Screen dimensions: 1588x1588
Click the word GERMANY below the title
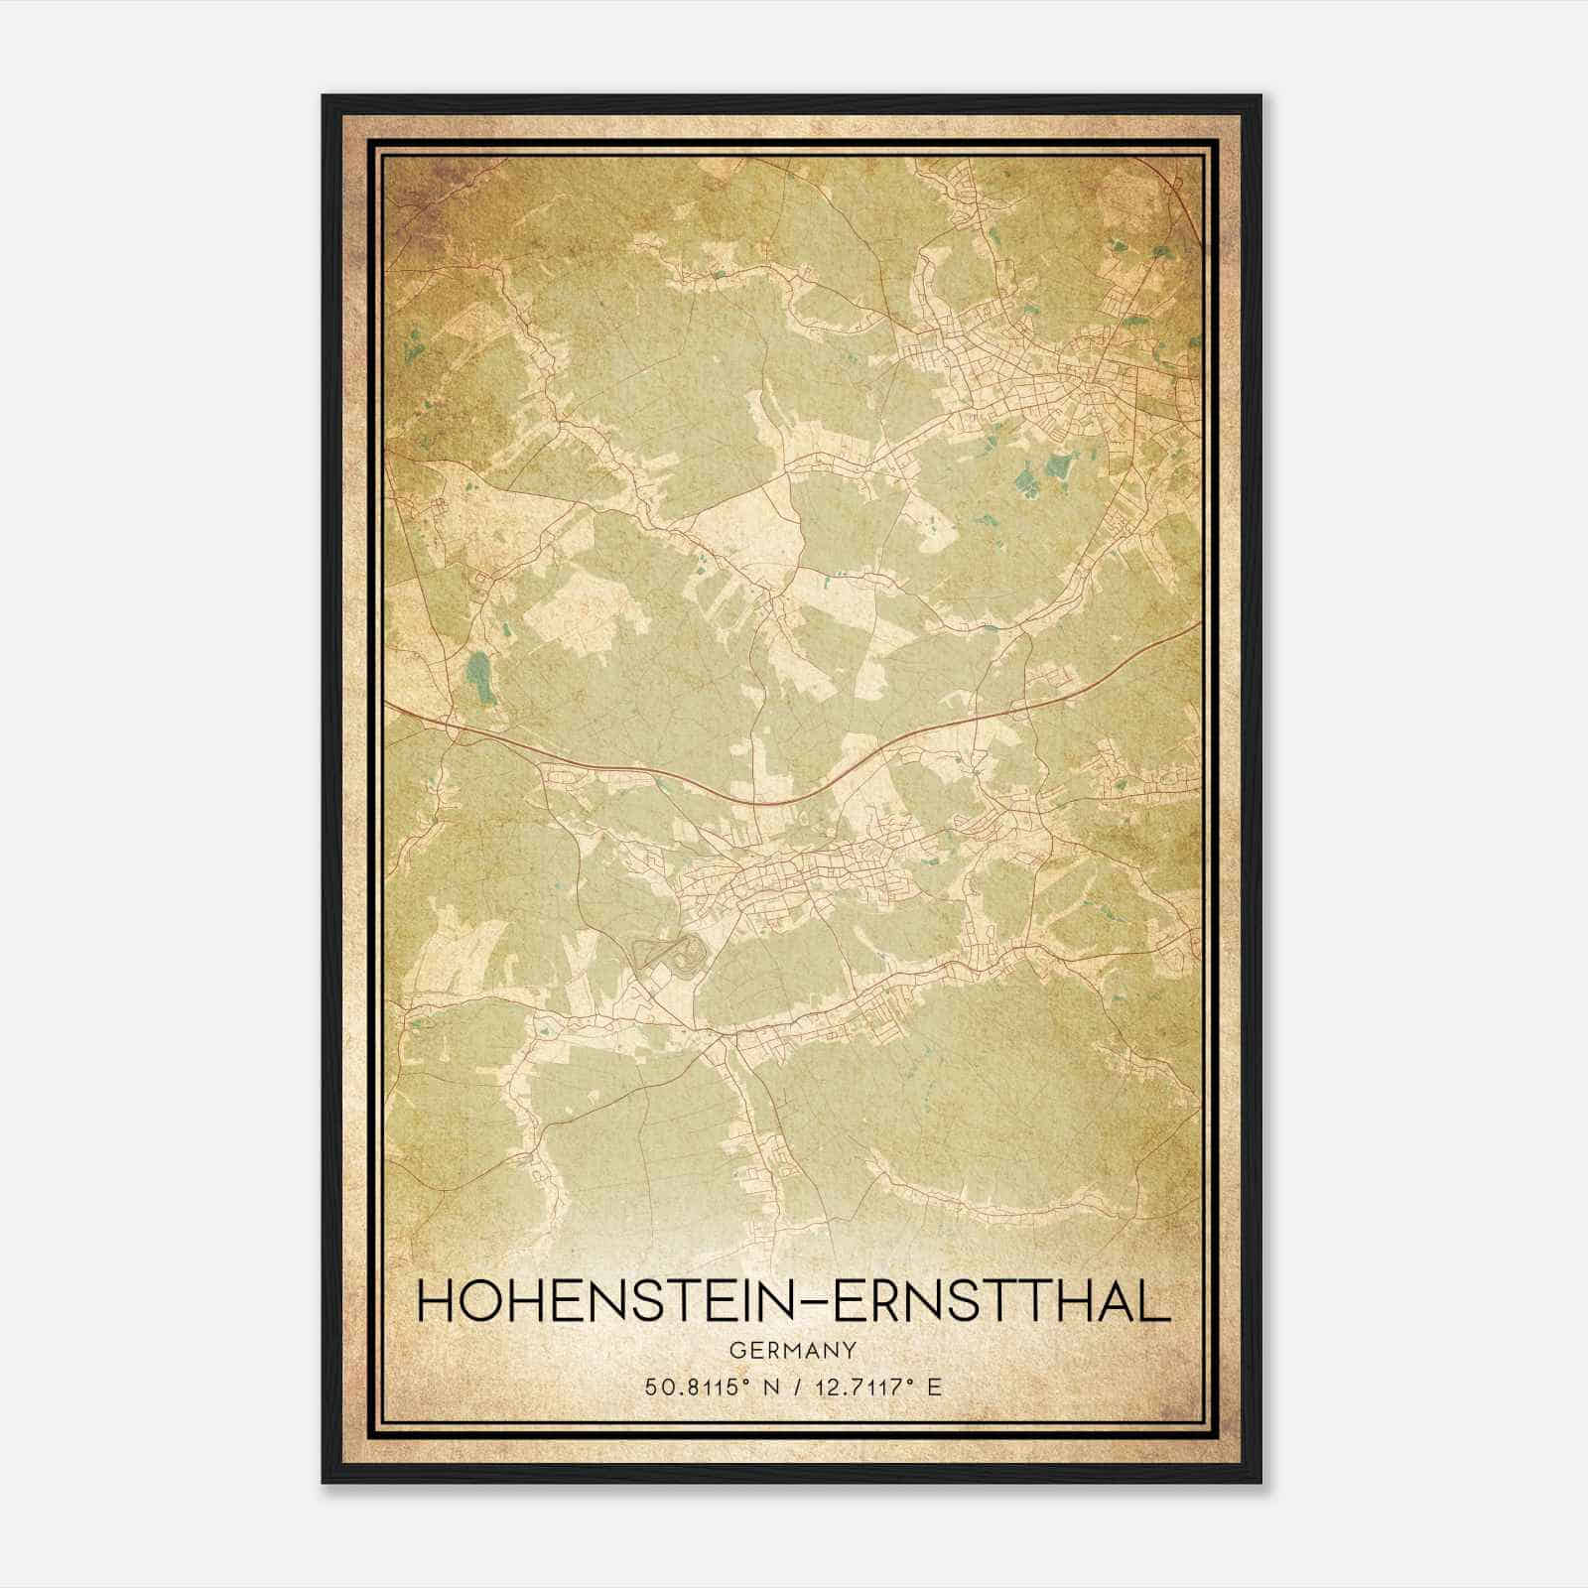793,1351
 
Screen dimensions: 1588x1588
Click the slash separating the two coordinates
796,1388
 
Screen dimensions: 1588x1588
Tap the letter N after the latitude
765,1388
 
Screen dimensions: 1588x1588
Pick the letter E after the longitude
933,1388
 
